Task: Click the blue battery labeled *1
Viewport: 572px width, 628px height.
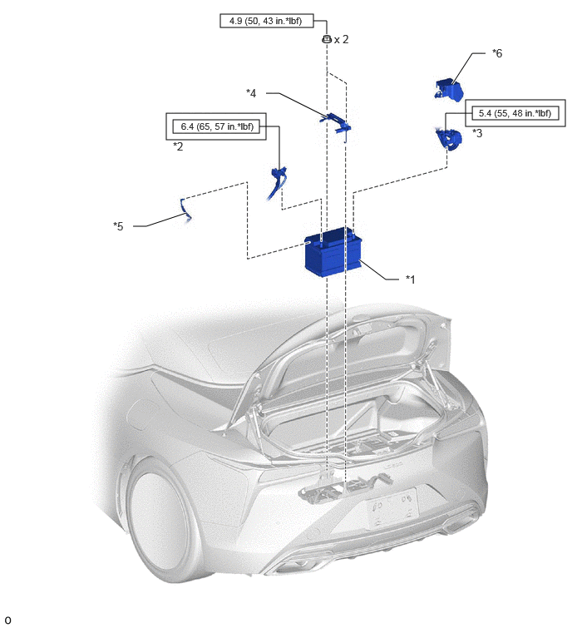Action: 333,251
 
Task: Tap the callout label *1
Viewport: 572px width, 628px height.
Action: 410,279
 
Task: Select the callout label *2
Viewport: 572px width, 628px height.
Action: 178,146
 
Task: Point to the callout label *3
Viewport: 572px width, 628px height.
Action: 477,133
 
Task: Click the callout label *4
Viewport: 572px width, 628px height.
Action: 251,93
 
